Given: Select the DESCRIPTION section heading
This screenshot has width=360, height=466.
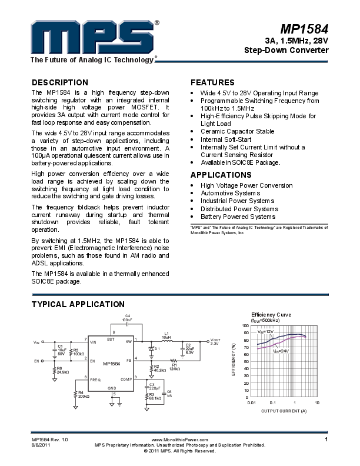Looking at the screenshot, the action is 59,82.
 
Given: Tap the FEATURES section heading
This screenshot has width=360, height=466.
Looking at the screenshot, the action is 212,82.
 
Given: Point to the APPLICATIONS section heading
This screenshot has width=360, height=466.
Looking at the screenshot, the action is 221,175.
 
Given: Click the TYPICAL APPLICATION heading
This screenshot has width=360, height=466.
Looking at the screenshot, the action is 77,304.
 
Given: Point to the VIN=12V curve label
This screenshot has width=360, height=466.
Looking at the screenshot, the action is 266,332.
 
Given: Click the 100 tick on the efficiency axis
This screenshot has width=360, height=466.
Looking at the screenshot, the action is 245,325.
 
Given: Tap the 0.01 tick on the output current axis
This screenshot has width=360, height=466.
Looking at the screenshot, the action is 251,402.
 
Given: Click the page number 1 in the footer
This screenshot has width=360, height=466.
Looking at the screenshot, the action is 325,440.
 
